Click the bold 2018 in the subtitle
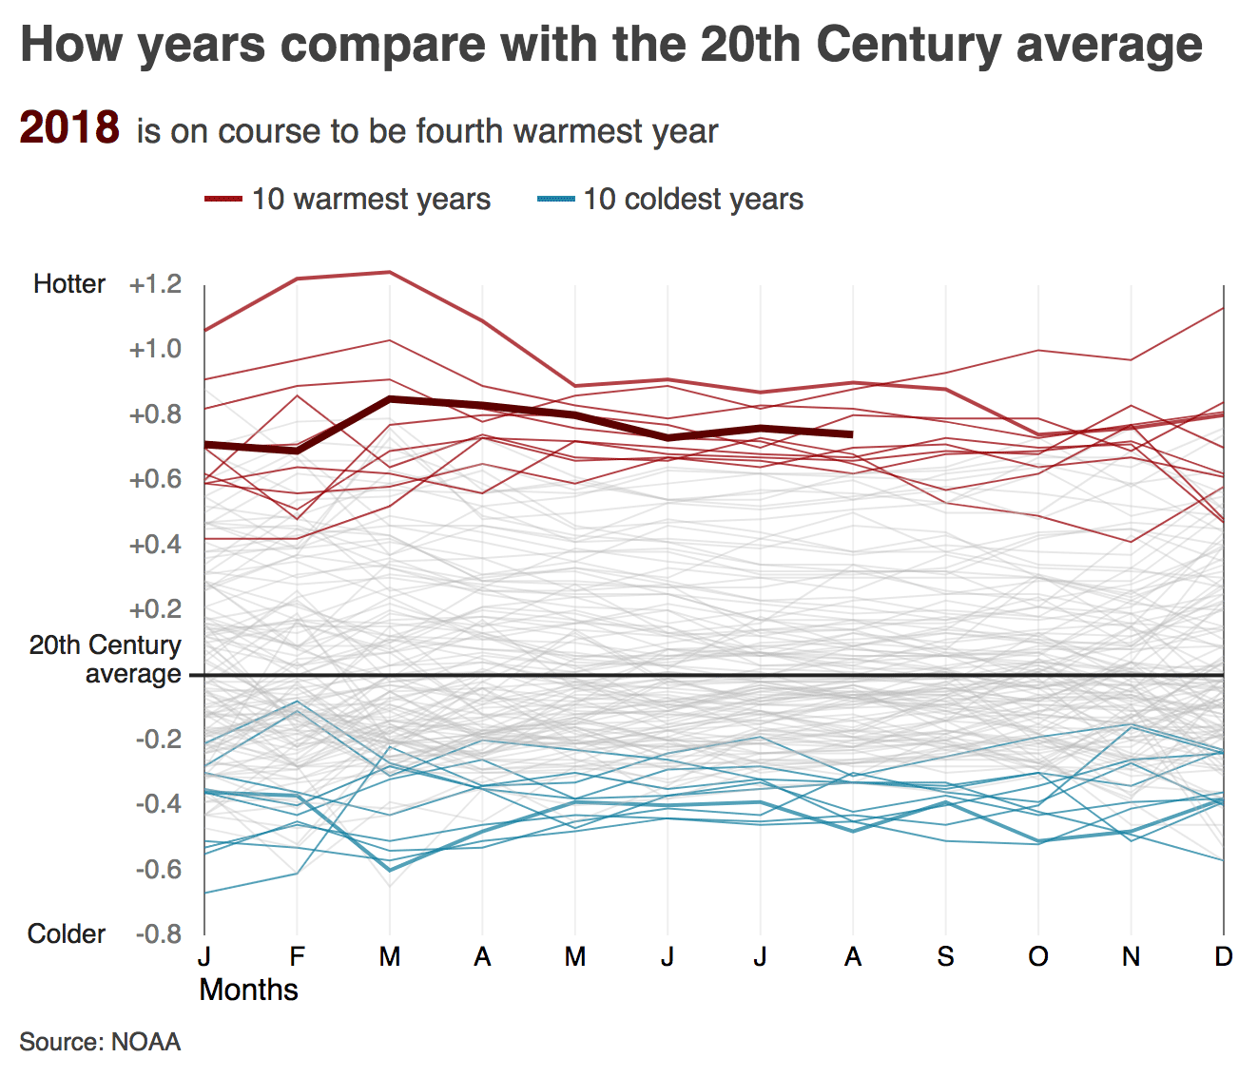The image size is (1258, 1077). (x=69, y=128)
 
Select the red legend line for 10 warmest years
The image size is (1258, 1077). (x=224, y=199)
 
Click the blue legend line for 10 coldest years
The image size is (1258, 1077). (x=556, y=199)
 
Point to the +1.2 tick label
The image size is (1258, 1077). (x=155, y=284)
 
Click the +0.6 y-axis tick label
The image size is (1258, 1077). (x=155, y=479)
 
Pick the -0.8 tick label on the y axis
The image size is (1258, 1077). (x=158, y=933)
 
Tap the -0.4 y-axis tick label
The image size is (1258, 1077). (x=158, y=804)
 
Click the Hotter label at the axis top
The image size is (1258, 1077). (x=69, y=284)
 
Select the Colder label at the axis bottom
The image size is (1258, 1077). (x=67, y=933)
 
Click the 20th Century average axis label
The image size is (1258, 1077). (x=105, y=659)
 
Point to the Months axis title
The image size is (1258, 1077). (x=248, y=990)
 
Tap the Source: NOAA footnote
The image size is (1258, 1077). (x=100, y=1042)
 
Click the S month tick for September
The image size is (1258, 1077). (x=944, y=956)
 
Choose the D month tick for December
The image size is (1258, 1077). (x=1223, y=956)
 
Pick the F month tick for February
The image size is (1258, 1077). (x=297, y=956)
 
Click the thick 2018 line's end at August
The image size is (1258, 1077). (x=851, y=434)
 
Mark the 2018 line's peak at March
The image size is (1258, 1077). (x=389, y=399)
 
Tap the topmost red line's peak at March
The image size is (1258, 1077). (x=389, y=272)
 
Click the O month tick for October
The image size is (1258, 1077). (x=1037, y=956)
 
